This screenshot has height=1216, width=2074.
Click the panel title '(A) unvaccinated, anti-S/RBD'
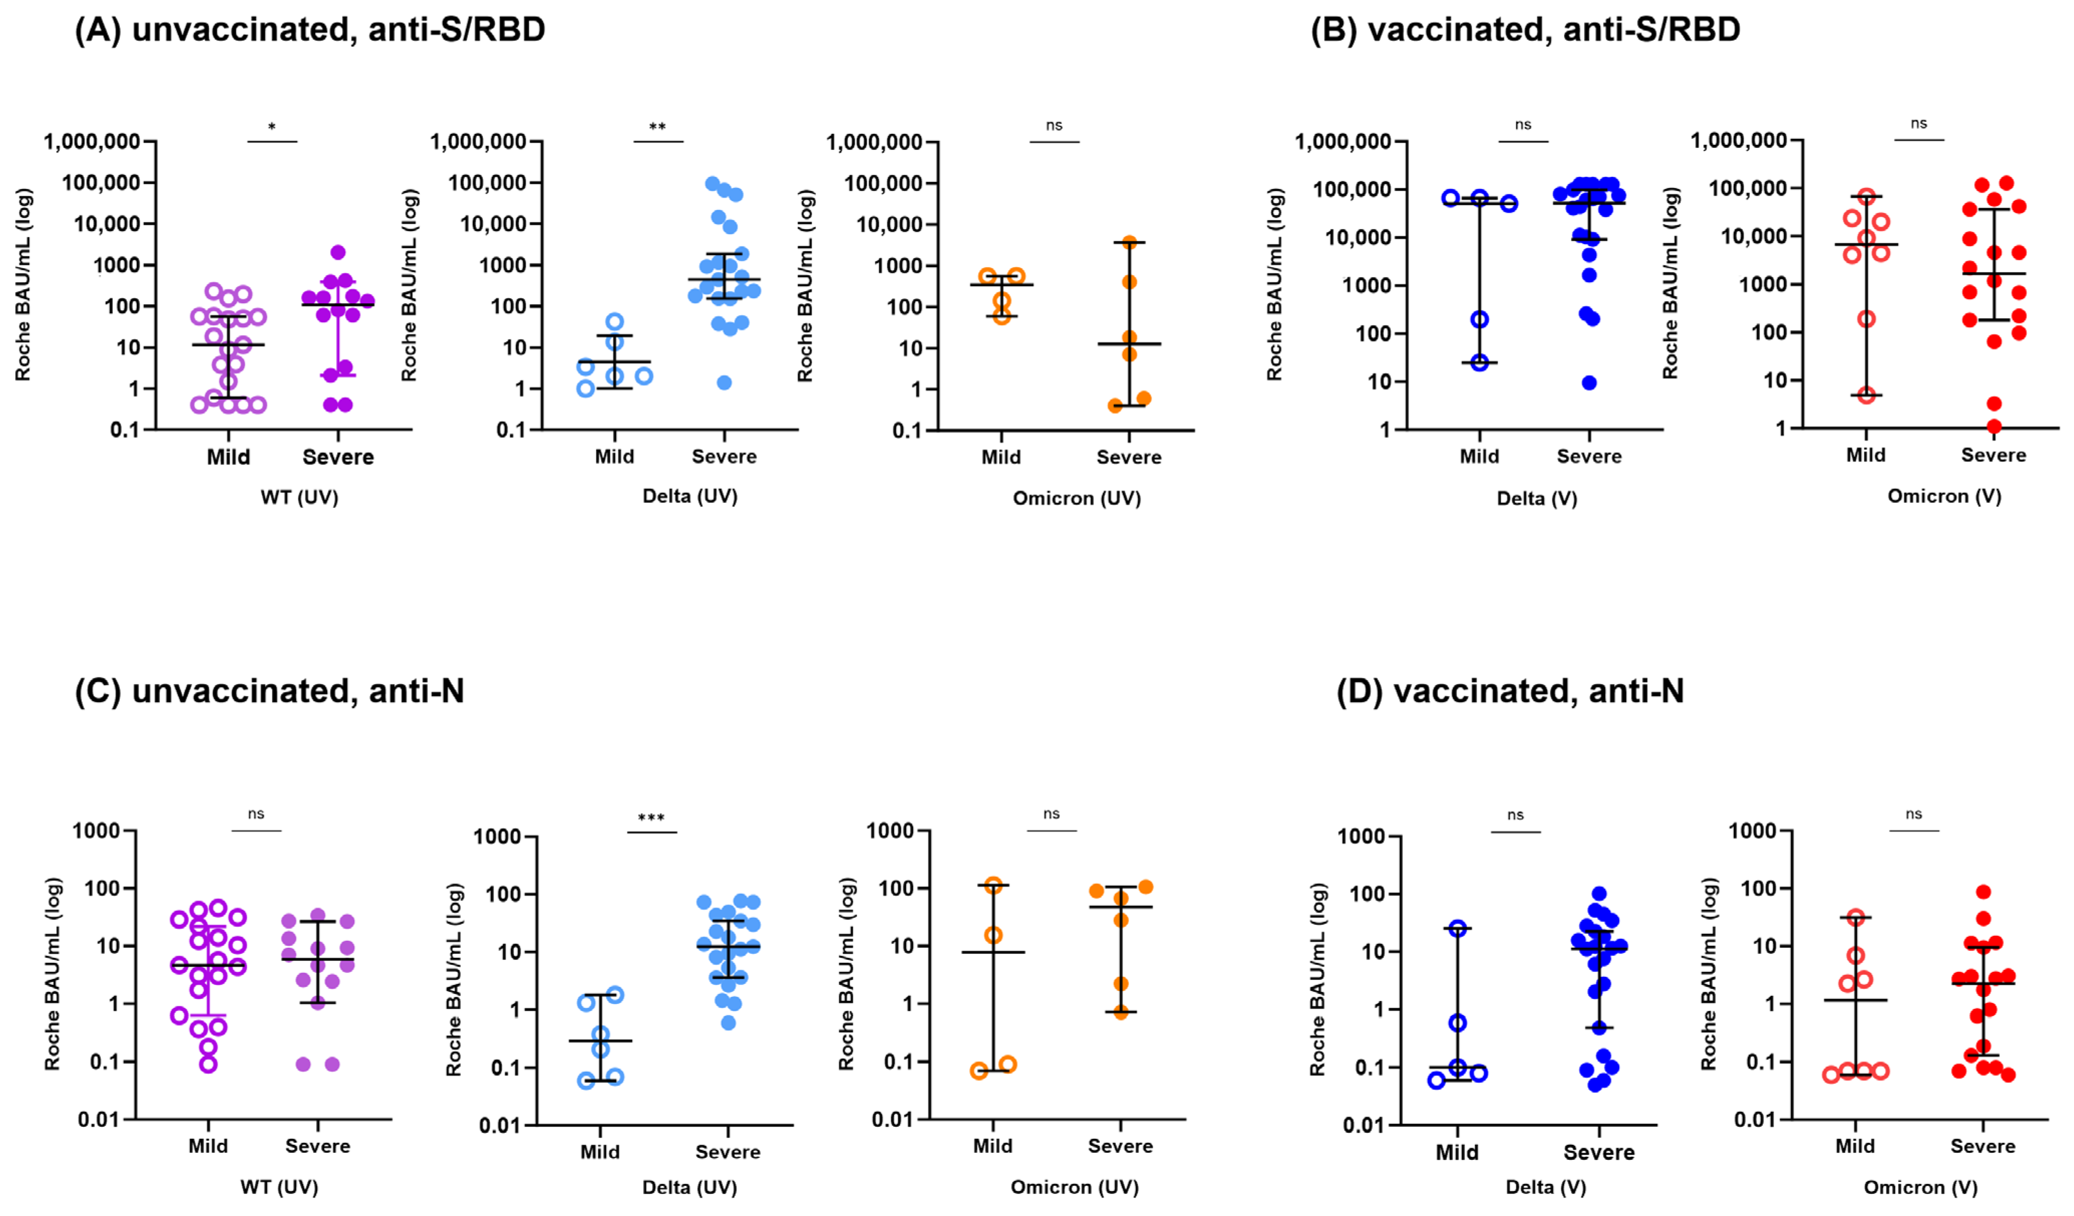click(309, 30)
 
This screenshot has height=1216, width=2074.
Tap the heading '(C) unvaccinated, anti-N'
click(269, 691)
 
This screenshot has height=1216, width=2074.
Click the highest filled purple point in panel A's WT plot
click(338, 253)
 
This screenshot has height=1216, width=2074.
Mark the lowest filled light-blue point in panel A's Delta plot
click(724, 383)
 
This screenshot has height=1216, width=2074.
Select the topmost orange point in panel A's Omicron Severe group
click(1129, 243)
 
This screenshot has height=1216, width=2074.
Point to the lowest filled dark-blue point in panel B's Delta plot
click(1589, 383)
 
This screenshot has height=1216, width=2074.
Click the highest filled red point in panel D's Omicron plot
click(1984, 892)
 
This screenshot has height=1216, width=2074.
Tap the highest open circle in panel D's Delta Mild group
click(1458, 929)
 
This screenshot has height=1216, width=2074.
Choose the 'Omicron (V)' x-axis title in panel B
click(1944, 496)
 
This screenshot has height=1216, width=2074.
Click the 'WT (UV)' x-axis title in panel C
click(279, 1187)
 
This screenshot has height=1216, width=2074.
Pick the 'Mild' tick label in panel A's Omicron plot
click(1001, 457)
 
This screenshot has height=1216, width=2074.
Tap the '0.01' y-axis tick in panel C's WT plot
click(99, 1120)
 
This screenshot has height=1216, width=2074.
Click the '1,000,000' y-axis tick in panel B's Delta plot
click(1342, 141)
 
